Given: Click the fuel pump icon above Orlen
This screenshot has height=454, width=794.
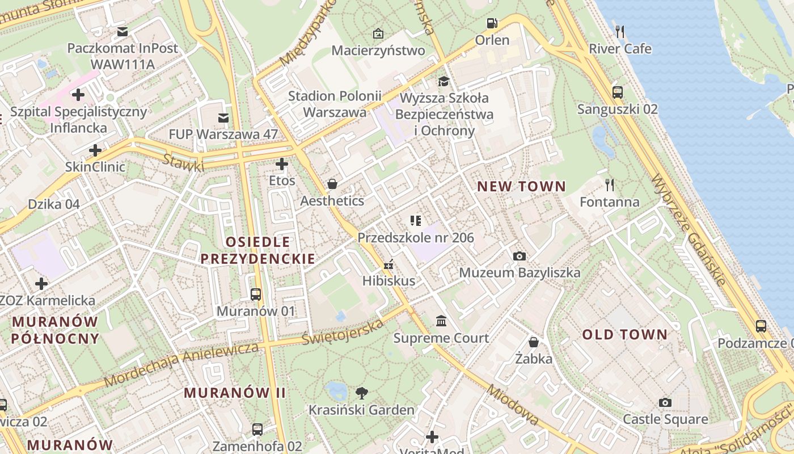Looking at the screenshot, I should click(492, 23).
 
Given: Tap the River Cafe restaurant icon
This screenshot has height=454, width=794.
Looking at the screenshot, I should click(620, 32).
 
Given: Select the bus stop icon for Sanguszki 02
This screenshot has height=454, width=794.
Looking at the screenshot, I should click(617, 92).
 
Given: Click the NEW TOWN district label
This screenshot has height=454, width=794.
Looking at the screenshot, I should click(521, 186).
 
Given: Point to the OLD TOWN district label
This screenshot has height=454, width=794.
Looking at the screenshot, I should click(625, 334).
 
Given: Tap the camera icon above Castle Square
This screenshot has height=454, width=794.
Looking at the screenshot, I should click(665, 402).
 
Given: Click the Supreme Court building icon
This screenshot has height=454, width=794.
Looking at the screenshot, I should click(441, 321).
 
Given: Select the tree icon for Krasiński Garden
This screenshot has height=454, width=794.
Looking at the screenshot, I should click(361, 393).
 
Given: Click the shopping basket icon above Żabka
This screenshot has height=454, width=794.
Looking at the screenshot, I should click(534, 342).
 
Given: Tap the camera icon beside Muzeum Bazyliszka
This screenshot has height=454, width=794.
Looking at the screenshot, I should click(519, 256).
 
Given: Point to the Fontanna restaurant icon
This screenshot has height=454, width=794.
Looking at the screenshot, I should click(610, 184).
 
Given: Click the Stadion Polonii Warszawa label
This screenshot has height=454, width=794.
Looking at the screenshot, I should click(335, 104).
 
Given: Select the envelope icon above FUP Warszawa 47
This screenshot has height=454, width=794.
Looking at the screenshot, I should click(223, 117).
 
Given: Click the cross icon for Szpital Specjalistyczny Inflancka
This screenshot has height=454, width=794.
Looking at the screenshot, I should click(78, 95).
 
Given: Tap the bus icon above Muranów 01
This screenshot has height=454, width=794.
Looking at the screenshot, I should click(256, 294).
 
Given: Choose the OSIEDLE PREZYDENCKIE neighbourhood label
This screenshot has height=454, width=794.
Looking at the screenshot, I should click(258, 250).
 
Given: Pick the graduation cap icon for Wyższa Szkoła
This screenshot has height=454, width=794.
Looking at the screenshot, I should click(443, 82).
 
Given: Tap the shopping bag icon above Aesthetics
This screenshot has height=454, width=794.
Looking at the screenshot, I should click(332, 184).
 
